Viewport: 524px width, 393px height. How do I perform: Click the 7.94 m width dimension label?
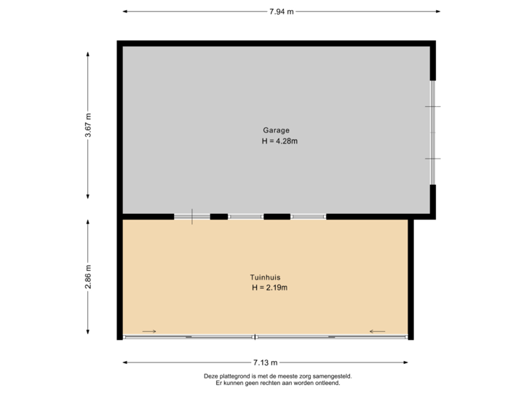click(x=281, y=11)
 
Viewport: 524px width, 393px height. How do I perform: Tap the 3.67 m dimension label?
click(x=88, y=125)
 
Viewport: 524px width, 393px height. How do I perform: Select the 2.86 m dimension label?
click(x=88, y=276)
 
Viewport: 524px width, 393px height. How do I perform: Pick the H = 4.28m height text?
click(x=279, y=141)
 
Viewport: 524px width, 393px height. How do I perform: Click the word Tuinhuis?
click(x=266, y=277)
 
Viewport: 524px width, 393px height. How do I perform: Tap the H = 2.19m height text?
click(x=270, y=288)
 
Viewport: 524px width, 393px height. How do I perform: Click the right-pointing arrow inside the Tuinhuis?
click(x=149, y=332)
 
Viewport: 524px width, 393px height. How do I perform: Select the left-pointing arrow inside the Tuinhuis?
click(x=377, y=332)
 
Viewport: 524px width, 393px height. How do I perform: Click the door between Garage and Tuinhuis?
click(x=192, y=216)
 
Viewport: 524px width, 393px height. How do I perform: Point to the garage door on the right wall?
click(x=433, y=132)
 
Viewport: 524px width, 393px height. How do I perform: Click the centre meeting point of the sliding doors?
click(x=255, y=337)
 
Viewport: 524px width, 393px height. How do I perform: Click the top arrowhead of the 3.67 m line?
click(x=88, y=53)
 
